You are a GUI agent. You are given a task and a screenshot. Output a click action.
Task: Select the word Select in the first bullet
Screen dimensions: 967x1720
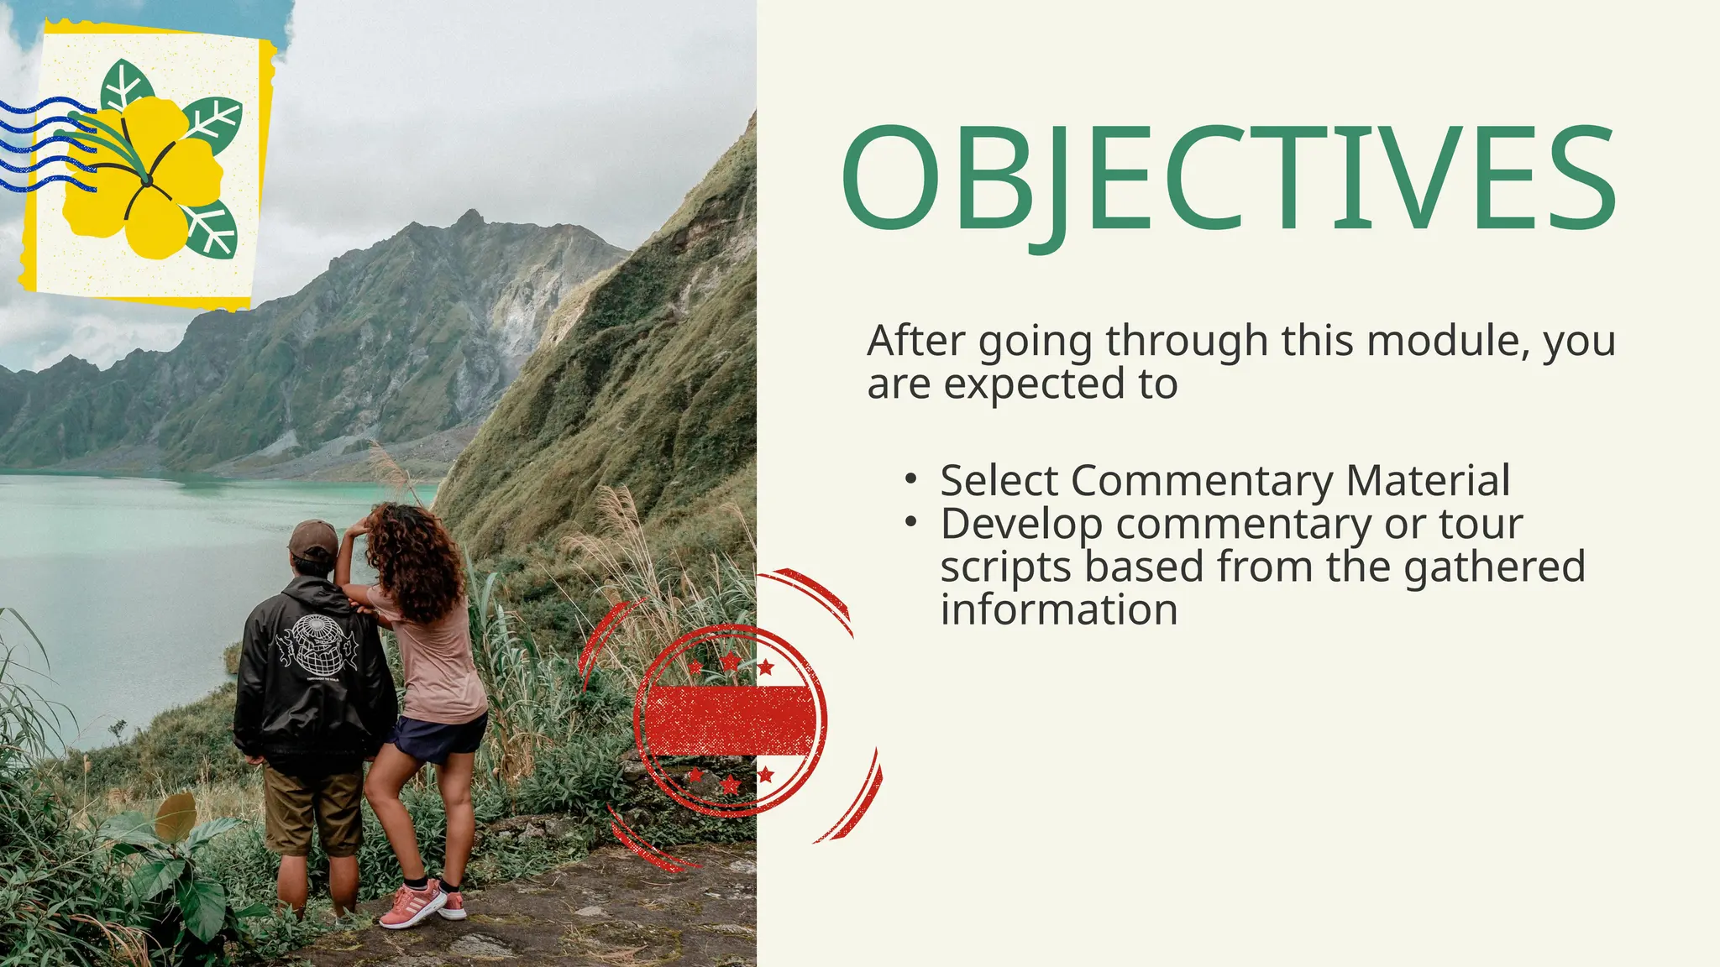(999, 481)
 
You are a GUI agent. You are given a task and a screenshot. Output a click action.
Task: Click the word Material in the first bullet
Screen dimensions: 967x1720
(1428, 481)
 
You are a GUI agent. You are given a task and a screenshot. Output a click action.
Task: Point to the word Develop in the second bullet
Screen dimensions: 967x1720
(1021, 525)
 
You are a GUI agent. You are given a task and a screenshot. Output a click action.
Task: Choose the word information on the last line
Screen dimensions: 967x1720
(1058, 610)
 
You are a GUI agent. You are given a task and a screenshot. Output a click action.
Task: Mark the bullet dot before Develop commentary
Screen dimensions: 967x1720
(910, 522)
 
